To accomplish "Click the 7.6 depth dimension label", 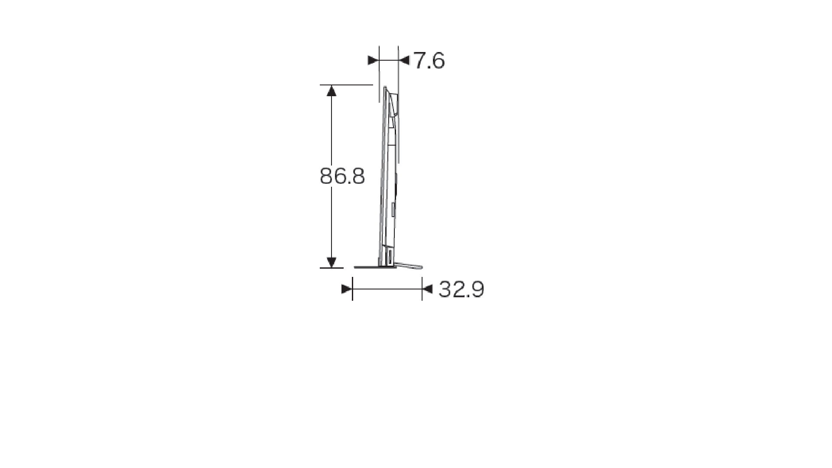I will pos(429,61).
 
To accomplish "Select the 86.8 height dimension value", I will pos(342,176).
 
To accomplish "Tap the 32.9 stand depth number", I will pos(461,289).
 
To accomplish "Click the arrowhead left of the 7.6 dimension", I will pos(373,61).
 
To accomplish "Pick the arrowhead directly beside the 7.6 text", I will pos(404,61).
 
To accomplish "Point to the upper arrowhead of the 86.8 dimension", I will pos(331,90).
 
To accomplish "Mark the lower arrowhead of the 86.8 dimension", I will pos(331,262).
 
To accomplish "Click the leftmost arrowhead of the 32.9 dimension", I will pos(346,289).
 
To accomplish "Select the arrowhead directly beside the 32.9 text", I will pos(428,289).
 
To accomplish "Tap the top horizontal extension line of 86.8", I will pos(347,85).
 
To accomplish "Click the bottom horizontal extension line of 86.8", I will pos(331,268).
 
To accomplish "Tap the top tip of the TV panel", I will pos(385,88).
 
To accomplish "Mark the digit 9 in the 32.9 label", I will pos(477,289).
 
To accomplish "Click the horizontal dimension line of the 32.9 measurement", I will pos(387,289).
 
